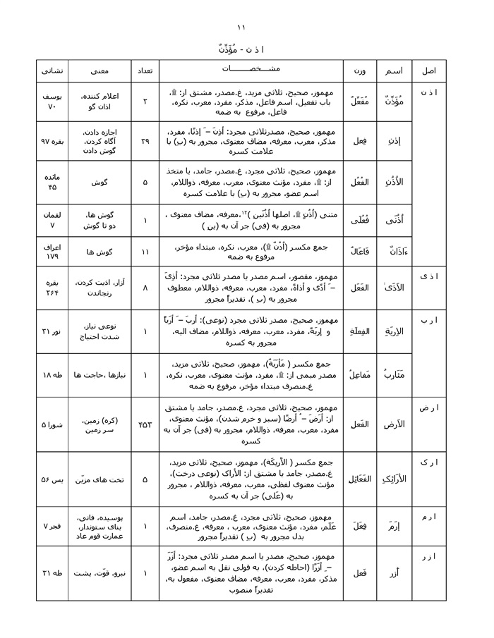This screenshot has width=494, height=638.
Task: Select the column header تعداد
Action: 144,72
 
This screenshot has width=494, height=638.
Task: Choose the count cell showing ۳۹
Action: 145,141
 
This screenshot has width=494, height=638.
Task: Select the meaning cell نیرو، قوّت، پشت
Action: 99,573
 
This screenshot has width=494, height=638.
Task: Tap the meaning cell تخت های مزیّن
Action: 99,479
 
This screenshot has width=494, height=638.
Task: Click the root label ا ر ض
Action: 428,408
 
